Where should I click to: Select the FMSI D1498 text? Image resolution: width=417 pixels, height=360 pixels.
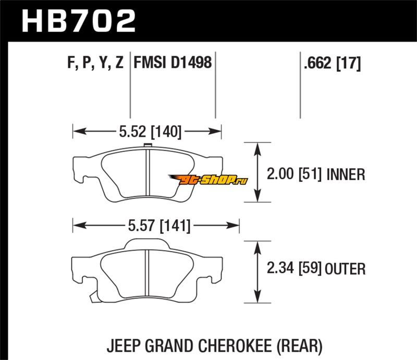coord(173,63)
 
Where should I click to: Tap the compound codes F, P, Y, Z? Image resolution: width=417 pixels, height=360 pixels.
coord(95,63)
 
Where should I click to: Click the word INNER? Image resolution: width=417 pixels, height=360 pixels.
coord(346,174)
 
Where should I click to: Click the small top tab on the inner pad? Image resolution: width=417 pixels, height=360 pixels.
coord(146,145)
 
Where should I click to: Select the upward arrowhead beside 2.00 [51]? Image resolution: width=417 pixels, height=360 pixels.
coord(257,149)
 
